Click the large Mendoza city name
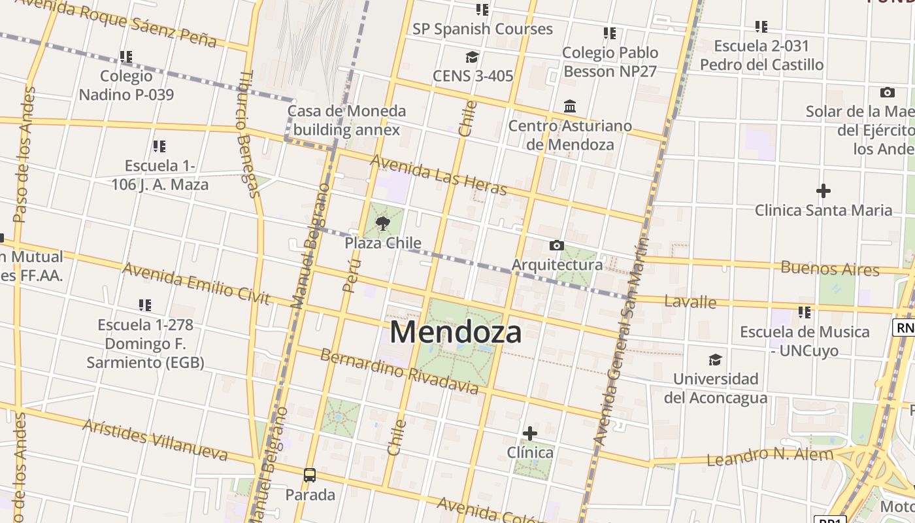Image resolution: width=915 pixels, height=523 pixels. coord(456,332)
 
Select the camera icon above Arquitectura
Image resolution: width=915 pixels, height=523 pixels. coord(557,246)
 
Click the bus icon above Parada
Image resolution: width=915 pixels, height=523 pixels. coord(310,475)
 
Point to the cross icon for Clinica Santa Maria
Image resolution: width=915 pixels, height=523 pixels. coord(823,191)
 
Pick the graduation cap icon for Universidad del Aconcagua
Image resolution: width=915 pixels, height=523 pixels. coord(716,360)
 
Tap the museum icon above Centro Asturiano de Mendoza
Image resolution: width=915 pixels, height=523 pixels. coord(570,106)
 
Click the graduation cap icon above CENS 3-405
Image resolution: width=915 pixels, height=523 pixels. coord(472,57)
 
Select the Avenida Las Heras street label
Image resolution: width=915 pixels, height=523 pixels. coord(439,175)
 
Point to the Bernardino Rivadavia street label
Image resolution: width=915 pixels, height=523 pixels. coord(399,371)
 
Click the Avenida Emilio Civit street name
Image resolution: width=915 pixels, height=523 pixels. coord(196,284)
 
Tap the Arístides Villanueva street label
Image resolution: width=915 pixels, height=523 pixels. coord(155,440)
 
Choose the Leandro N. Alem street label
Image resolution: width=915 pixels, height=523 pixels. coord(770,456)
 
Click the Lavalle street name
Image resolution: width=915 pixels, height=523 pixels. coord(690,302)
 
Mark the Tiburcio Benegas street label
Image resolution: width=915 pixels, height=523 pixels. coord(248,134)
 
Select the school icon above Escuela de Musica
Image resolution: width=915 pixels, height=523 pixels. coord(805,312)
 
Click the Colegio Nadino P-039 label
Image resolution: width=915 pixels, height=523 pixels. coord(126,86)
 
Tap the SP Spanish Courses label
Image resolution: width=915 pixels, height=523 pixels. coord(482,29)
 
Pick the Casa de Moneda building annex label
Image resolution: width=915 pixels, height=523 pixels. coord(346,120)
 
